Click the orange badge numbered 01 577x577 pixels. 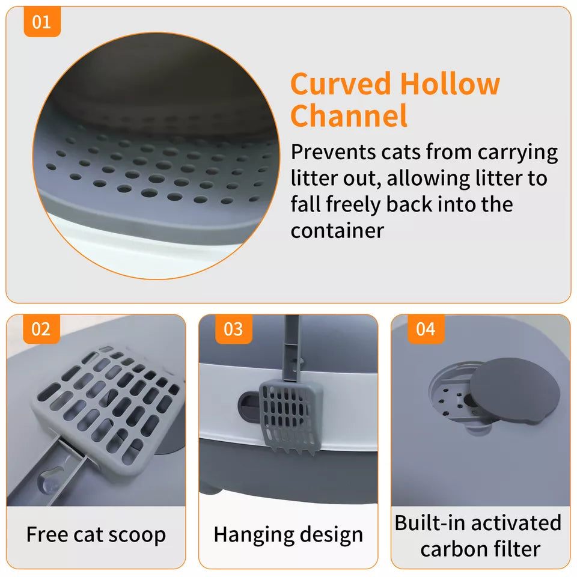tap(42, 22)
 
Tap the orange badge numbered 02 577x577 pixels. tap(41, 329)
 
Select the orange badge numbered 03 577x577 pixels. tap(234, 329)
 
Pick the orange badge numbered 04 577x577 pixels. tap(426, 329)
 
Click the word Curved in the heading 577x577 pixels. tap(340, 84)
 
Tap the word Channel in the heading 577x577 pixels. tap(349, 116)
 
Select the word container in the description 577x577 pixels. tap(337, 231)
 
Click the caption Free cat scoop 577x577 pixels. tap(96, 534)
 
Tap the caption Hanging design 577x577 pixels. tap(288, 534)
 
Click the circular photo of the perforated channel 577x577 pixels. tap(156, 156)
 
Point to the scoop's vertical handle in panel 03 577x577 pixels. tap(293, 346)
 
